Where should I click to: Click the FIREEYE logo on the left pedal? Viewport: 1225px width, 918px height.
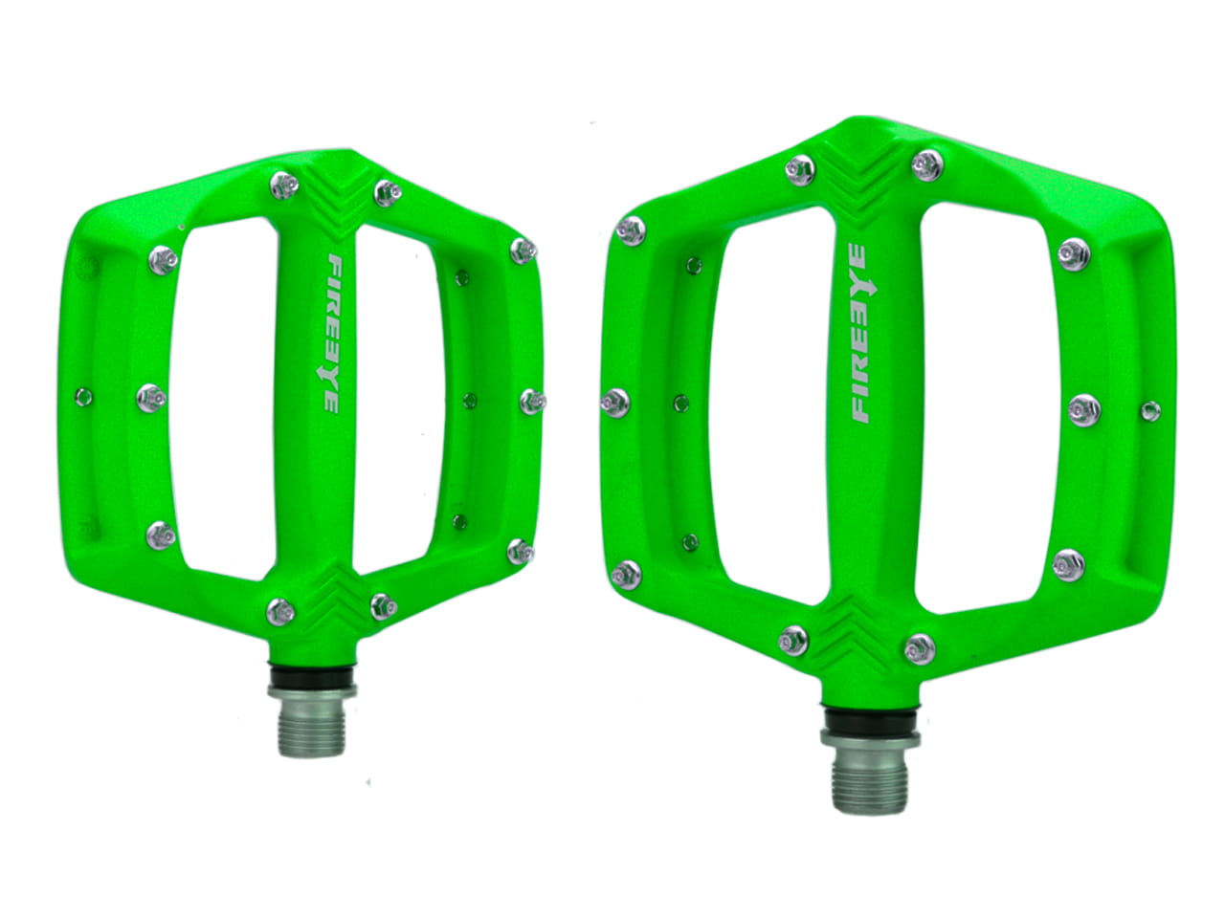click(333, 334)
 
